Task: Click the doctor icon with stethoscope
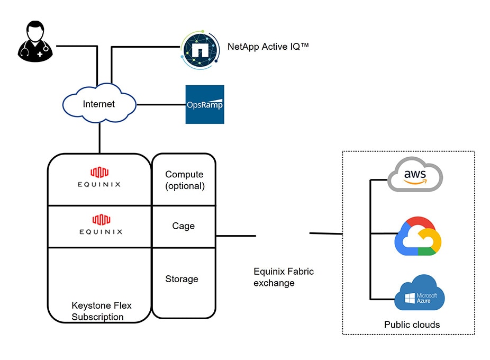(x=35, y=42)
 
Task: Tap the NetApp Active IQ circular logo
(x=200, y=50)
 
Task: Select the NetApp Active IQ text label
(x=268, y=47)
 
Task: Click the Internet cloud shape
(x=99, y=103)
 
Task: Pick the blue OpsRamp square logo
(x=205, y=104)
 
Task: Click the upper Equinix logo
(x=99, y=177)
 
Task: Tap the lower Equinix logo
(x=101, y=224)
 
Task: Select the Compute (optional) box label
(x=185, y=180)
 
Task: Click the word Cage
(x=184, y=226)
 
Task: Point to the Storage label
(x=182, y=279)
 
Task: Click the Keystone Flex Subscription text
(x=101, y=311)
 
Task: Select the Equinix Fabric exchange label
(x=284, y=277)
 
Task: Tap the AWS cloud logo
(x=415, y=175)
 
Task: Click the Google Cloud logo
(x=418, y=236)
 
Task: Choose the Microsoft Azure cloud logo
(x=419, y=293)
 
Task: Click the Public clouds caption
(x=412, y=325)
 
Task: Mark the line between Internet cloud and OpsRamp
(x=161, y=104)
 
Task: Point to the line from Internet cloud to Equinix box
(x=99, y=138)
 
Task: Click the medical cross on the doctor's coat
(x=40, y=55)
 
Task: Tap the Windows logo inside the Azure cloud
(x=410, y=298)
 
